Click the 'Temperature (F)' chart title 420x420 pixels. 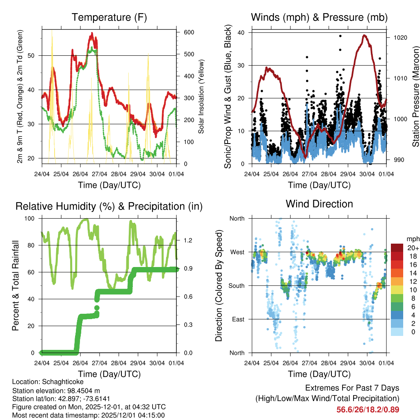point(109,17)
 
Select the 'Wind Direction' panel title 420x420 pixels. point(319,203)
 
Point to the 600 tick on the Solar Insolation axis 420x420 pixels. point(189,32)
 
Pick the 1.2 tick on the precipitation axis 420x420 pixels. point(188,240)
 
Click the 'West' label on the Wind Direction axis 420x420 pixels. point(237,252)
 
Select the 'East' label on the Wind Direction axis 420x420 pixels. point(237,319)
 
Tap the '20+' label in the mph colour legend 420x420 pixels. point(413,248)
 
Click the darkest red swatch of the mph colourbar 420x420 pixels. point(397,248)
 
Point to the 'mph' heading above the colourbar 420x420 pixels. point(413,239)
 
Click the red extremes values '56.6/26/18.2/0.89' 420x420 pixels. point(368,409)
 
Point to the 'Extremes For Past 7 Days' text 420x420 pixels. point(352,388)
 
